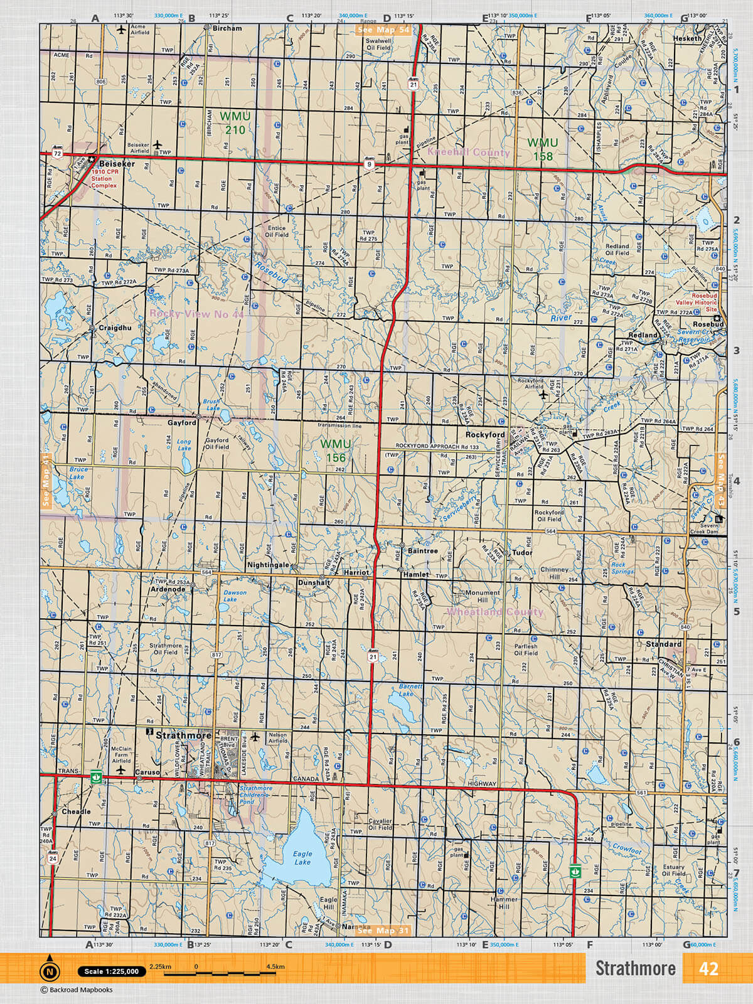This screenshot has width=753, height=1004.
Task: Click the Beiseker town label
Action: click(x=116, y=164)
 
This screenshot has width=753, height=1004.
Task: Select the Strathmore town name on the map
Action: click(x=183, y=735)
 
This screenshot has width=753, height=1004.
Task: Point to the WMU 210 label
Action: click(x=235, y=123)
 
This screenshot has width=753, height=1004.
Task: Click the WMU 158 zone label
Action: click(x=542, y=149)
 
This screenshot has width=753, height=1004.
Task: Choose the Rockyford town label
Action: click(x=485, y=435)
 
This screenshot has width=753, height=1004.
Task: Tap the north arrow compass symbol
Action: click(x=50, y=971)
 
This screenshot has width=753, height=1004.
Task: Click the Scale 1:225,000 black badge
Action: click(x=112, y=971)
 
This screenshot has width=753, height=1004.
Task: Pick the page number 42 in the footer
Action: click(x=708, y=969)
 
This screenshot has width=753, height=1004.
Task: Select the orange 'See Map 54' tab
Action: click(x=383, y=29)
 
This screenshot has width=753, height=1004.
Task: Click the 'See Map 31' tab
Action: click(x=383, y=931)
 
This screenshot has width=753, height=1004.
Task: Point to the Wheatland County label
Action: click(x=494, y=612)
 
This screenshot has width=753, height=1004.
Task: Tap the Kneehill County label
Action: click(x=469, y=152)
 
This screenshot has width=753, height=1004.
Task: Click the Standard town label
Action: click(x=663, y=644)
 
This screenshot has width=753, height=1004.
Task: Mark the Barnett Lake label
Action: click(x=410, y=690)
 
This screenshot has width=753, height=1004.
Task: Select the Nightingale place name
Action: click(x=268, y=565)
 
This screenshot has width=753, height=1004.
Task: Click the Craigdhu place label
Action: click(x=115, y=328)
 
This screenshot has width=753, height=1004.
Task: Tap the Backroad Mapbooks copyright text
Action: click(x=77, y=990)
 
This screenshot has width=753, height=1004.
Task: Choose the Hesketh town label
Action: click(x=687, y=38)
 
